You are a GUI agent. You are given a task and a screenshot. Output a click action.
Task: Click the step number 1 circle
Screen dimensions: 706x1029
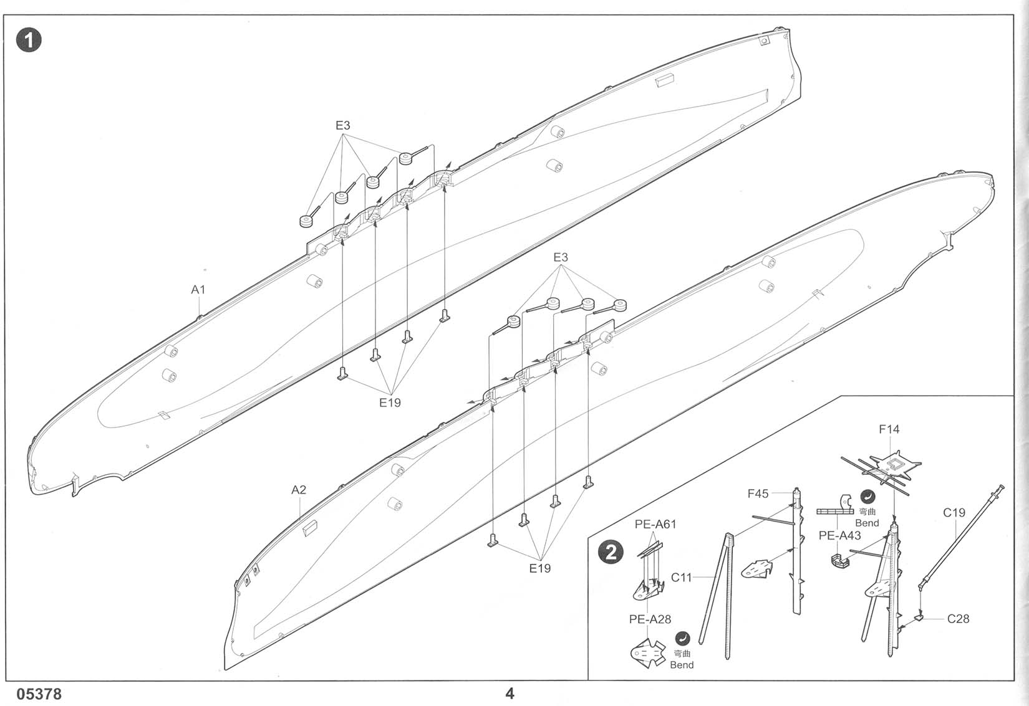pos(29,41)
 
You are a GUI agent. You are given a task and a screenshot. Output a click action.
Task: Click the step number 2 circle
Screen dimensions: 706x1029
pos(610,552)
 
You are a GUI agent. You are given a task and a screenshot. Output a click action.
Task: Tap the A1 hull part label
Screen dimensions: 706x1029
pos(198,289)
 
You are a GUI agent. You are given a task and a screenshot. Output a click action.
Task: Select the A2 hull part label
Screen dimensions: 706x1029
pos(299,490)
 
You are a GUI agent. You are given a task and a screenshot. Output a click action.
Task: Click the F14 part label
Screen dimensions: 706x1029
pos(889,429)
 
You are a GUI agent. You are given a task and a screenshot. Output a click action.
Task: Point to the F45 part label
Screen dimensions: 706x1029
pos(758,494)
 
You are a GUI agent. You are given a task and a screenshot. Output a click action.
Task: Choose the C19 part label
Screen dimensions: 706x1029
pos(954,513)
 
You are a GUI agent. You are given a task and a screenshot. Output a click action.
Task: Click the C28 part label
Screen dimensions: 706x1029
pos(958,619)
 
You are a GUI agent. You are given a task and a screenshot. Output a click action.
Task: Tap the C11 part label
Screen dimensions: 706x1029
pos(682,577)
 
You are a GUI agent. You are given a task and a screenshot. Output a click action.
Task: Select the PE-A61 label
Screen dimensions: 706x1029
pos(655,524)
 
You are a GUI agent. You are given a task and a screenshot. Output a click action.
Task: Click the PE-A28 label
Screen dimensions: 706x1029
pos(650,619)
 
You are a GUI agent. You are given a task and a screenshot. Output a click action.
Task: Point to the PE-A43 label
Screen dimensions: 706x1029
pos(839,535)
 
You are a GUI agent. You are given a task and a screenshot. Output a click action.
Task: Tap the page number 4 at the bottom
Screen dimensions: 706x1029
pos(510,693)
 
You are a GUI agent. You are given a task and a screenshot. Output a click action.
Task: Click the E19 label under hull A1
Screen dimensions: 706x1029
pos(390,403)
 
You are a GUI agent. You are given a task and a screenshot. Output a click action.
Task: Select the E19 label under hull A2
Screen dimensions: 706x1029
pos(540,568)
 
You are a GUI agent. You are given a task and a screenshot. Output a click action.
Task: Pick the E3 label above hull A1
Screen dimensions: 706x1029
pos(342,125)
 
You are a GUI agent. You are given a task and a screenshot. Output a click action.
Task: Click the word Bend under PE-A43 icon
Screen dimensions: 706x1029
pos(867,523)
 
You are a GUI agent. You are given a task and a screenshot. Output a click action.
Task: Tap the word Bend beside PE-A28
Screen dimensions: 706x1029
pos(682,665)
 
